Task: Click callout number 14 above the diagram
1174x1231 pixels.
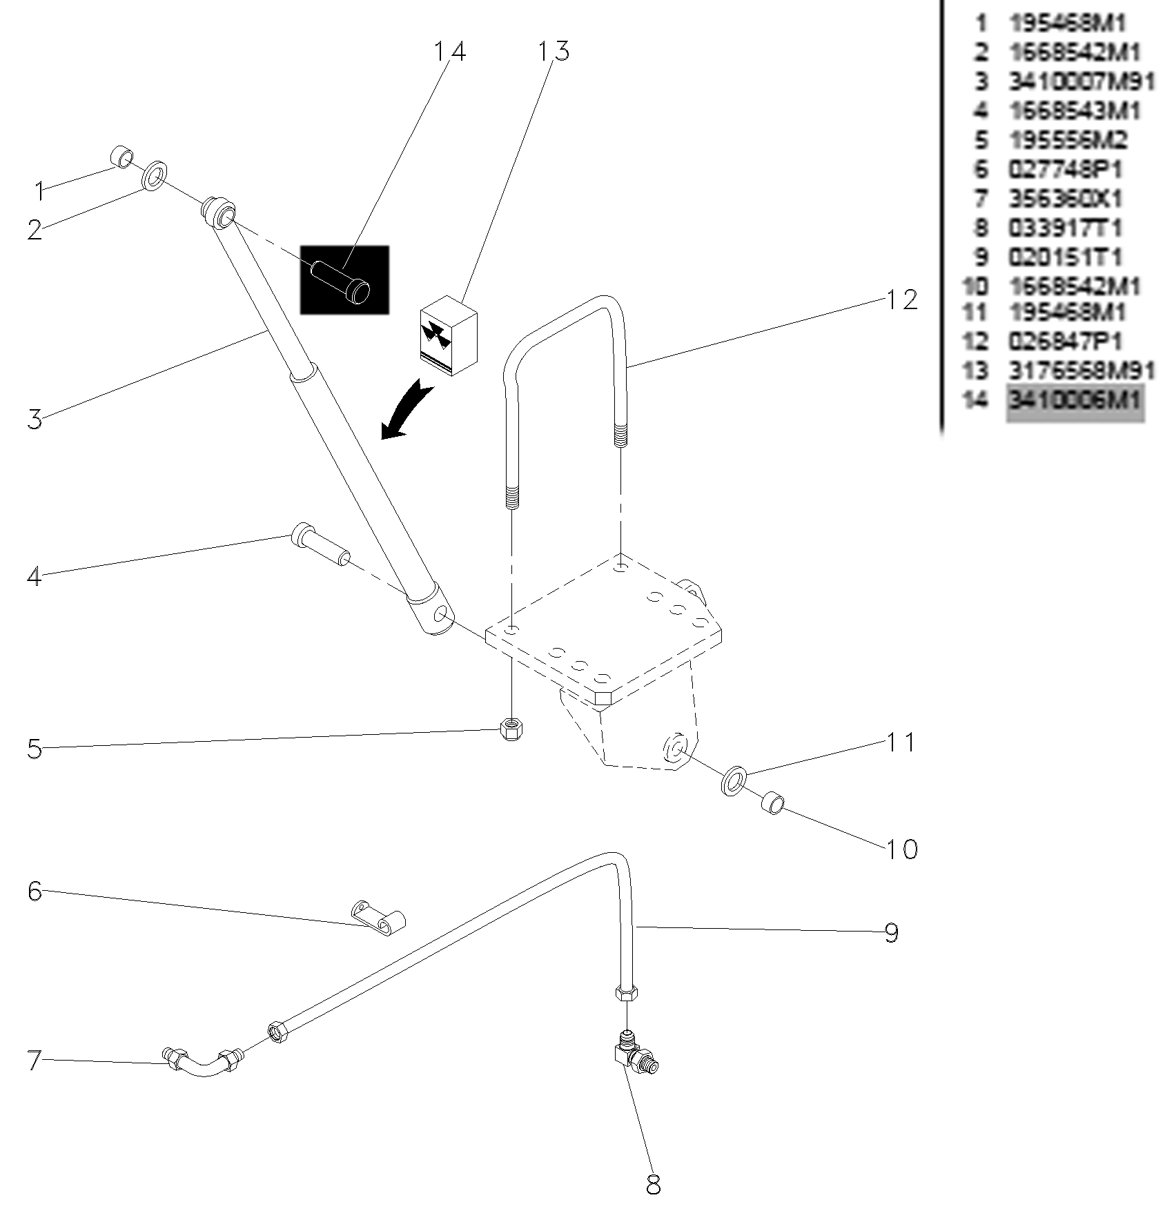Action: point(449,52)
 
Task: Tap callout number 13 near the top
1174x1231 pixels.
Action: point(554,51)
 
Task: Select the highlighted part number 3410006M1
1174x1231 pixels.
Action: point(1075,400)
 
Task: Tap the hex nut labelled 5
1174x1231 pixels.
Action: point(511,728)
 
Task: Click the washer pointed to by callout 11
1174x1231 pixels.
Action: point(733,779)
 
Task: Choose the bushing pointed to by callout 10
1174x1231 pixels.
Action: point(772,803)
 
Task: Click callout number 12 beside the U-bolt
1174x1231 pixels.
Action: point(902,300)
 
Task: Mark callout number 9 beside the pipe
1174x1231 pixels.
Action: point(892,933)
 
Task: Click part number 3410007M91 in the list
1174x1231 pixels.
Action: point(1082,81)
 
